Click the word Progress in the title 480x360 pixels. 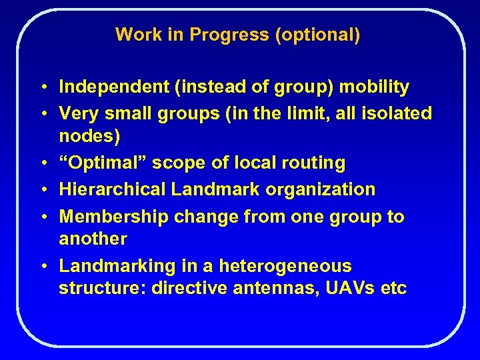229,35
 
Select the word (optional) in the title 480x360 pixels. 317,35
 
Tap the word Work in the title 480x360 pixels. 135,35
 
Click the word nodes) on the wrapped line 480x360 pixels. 89,136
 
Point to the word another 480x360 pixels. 93,239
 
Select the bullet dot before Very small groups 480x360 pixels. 42,114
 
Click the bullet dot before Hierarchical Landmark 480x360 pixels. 42,190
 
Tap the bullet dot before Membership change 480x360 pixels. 42,217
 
